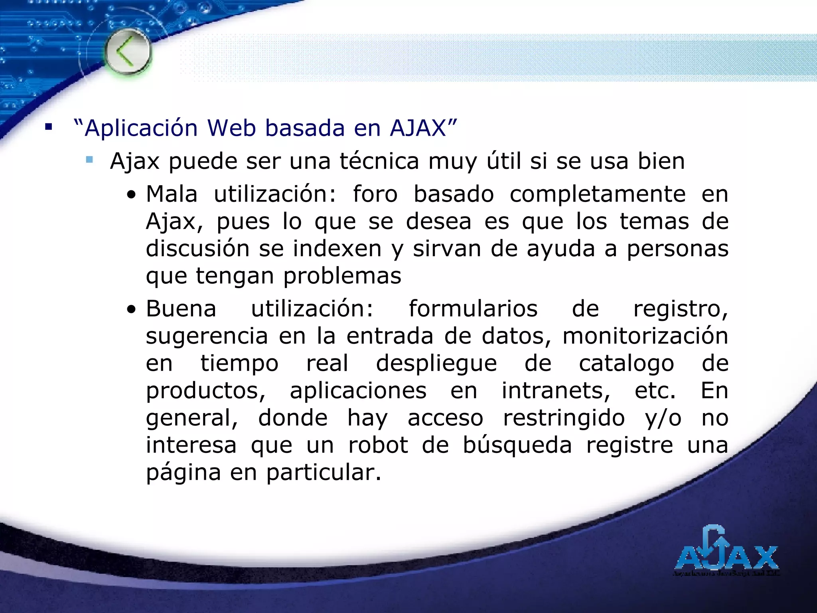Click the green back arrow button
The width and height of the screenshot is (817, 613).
[128, 52]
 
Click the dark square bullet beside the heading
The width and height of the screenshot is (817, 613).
[49, 128]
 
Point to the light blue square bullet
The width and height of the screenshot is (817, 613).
[89, 160]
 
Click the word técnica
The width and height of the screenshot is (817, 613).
[379, 161]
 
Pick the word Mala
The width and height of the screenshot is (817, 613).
[172, 194]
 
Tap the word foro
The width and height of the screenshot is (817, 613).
[375, 194]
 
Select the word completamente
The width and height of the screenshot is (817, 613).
[598, 194]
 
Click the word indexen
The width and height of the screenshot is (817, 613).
[337, 249]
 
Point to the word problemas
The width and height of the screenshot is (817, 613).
[342, 276]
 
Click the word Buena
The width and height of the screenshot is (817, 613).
[181, 309]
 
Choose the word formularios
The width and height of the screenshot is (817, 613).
[473, 309]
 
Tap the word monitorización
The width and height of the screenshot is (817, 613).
[645, 336]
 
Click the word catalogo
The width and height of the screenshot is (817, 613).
[626, 363]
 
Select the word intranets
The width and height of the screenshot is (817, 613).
[556, 390]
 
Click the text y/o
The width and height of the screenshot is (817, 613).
[663, 418]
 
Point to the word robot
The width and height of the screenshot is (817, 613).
[378, 445]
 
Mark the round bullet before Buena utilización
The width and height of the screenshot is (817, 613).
[131, 310]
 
